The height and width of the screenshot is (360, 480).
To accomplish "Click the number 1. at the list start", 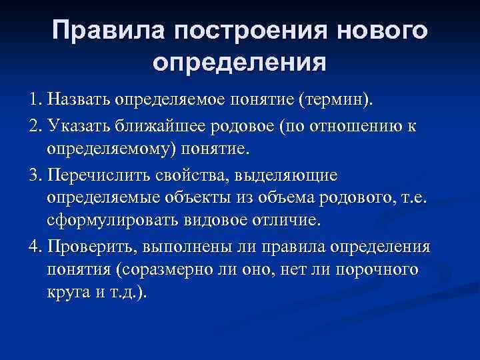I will [x=37, y=100].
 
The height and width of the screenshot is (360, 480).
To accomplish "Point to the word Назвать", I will [x=77, y=100].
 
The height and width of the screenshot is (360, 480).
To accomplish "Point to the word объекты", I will [x=201, y=199].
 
